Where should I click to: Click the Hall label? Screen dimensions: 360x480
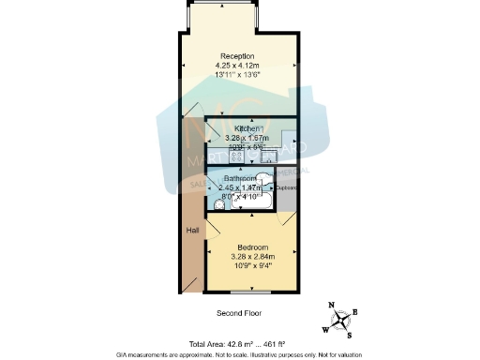click(x=192, y=231)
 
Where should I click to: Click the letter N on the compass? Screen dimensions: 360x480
click(x=330, y=304)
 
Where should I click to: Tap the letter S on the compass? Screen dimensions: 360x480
click(x=350, y=334)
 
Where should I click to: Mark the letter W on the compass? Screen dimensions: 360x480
click(x=325, y=328)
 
